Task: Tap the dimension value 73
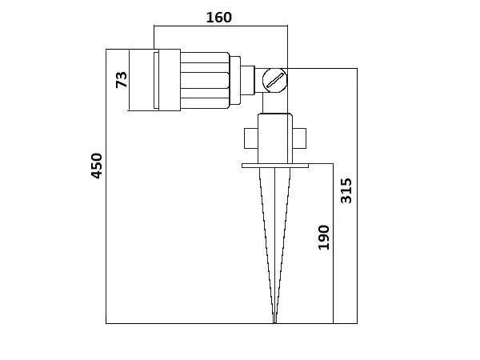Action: [x=122, y=79]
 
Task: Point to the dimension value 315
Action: [x=346, y=190]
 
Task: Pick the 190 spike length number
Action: [x=323, y=237]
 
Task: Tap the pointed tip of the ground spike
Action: [x=274, y=321]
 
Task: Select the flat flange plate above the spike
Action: [x=274, y=166]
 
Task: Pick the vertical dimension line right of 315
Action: [x=357, y=196]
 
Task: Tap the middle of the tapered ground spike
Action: [x=274, y=240]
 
